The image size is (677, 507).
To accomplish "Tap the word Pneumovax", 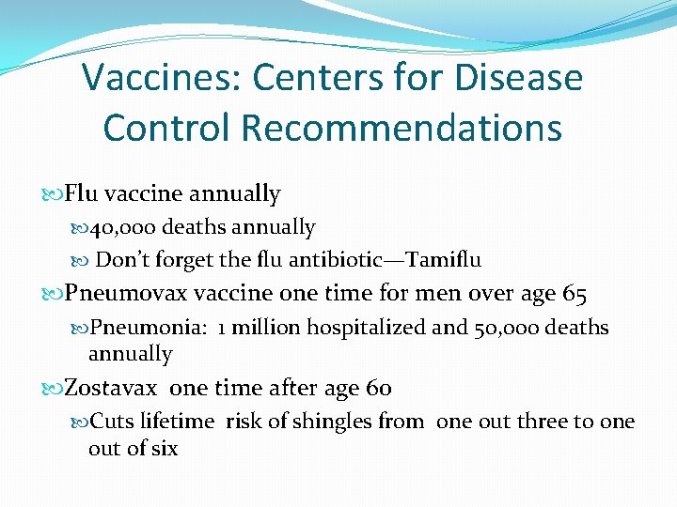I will point(127,295).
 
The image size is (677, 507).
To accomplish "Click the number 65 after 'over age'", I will point(575,295).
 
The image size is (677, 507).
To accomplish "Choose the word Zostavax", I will point(111,388).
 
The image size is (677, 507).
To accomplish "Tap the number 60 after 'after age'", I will point(379,388).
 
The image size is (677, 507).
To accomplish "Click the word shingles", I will point(332,422).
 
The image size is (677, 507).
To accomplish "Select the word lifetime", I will point(179,422).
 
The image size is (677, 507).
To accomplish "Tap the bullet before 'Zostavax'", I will point(53,389).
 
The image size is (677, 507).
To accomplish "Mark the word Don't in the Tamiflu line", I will point(118,259).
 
